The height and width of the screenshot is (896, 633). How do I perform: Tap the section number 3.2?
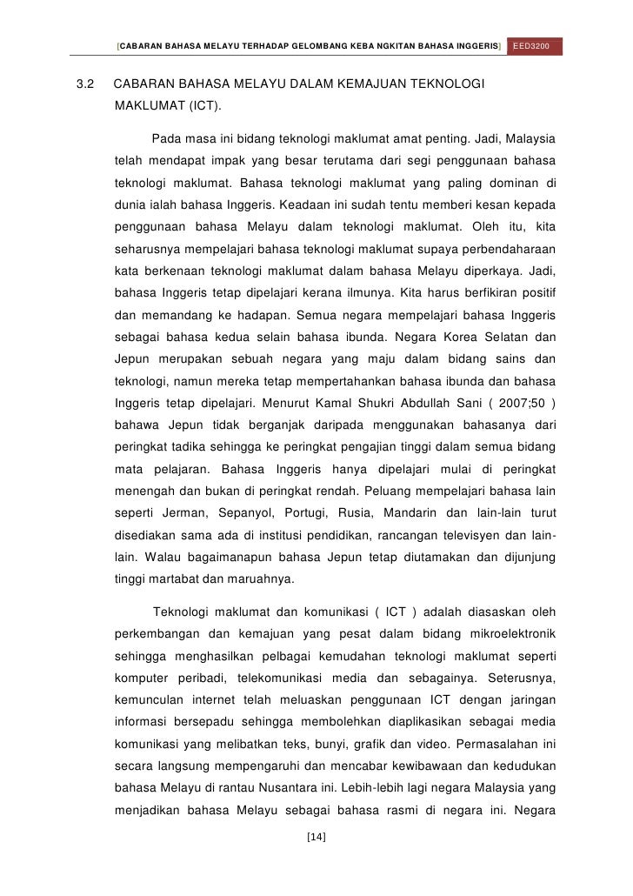[x=85, y=85]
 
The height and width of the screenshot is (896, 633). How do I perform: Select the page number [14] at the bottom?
[x=316, y=838]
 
